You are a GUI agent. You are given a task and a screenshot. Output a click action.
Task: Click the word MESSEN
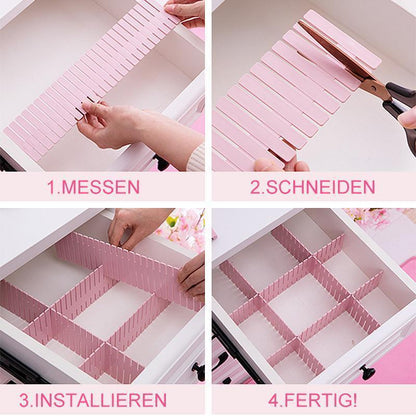[100, 187]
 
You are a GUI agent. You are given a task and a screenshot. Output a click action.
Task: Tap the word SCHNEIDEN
[320, 187]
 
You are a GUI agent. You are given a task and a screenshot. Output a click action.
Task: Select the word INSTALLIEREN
[100, 400]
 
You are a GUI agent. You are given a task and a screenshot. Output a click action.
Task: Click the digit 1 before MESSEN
[52, 187]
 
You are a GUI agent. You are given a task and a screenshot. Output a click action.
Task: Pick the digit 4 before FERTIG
[274, 400]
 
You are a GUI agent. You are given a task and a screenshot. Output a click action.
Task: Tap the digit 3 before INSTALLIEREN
[24, 400]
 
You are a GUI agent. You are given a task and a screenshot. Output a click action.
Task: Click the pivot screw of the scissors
[375, 87]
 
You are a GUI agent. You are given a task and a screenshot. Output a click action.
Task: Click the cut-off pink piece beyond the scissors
[342, 38]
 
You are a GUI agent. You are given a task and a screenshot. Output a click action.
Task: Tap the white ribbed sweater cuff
[195, 157]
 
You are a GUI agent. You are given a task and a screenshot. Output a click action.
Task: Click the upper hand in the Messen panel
[186, 12]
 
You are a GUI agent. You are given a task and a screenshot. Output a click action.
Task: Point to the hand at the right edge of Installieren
[193, 274]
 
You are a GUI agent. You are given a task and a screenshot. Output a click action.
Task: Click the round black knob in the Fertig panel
[368, 371]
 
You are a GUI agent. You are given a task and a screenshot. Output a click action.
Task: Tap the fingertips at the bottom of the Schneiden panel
[282, 165]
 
